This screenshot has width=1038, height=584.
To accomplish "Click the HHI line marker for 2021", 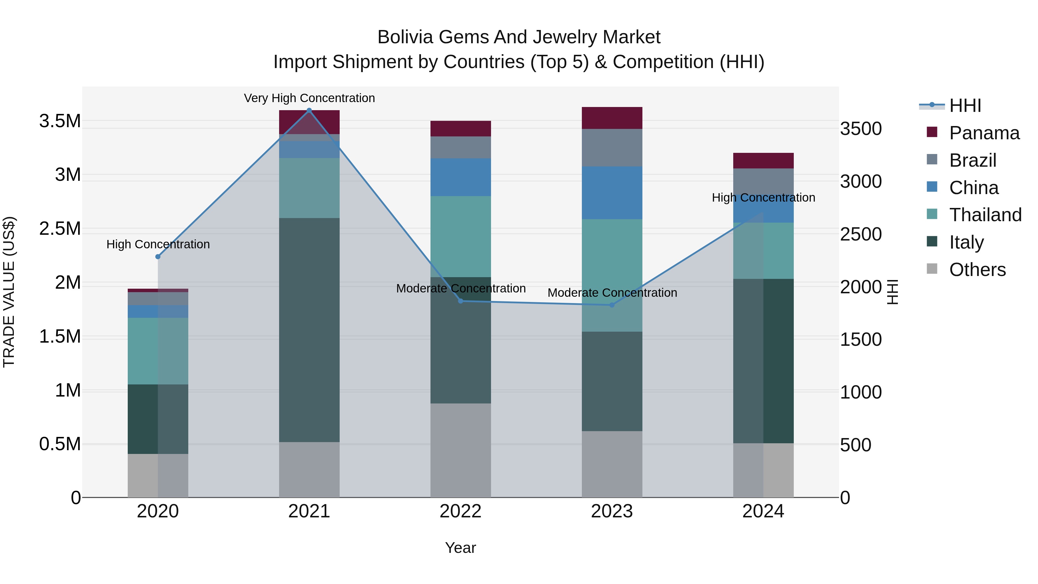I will [x=309, y=110].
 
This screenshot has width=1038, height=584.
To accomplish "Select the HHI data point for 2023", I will [x=612, y=305].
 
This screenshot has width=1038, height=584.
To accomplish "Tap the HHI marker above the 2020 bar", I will [x=158, y=257].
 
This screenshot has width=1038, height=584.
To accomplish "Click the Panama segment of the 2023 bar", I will [x=612, y=118].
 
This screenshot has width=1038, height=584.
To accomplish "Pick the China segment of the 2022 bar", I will [x=460, y=177].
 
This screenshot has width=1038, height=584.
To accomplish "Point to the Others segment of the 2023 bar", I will [x=612, y=464].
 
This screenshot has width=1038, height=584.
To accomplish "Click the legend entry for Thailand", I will [x=985, y=215].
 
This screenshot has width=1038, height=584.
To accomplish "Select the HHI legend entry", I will [x=965, y=106].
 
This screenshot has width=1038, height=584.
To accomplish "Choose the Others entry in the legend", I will [x=977, y=270].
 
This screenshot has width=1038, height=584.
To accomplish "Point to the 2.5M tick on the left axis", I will [x=60, y=228].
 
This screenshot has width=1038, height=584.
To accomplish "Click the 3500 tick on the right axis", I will [x=861, y=129].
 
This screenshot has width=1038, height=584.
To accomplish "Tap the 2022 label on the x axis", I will [x=460, y=511].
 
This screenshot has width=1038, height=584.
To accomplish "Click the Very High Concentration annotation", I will [x=309, y=98].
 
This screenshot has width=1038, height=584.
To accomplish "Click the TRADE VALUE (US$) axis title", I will [x=9, y=292].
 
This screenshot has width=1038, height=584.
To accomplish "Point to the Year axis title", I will [x=460, y=548].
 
